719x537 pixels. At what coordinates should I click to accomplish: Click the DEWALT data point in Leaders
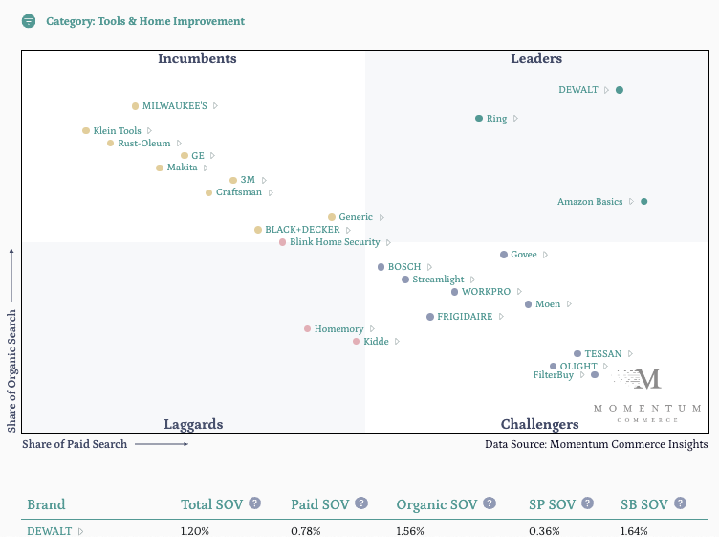tap(620, 90)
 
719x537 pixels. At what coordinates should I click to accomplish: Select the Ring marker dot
tap(479, 119)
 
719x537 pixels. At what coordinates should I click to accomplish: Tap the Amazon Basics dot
tap(644, 202)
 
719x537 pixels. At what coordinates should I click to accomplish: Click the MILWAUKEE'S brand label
tap(174, 106)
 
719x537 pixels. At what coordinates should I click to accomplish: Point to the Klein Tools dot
tap(86, 131)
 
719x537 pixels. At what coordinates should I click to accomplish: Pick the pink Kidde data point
tap(357, 342)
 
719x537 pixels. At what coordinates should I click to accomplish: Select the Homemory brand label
tap(338, 329)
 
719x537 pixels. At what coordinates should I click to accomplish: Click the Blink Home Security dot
tap(283, 242)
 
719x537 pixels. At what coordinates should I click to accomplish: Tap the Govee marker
tap(504, 255)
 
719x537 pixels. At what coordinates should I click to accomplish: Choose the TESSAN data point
tap(577, 354)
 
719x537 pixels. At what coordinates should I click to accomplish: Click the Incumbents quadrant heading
tap(197, 59)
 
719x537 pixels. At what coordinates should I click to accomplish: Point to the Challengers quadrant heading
tap(539, 424)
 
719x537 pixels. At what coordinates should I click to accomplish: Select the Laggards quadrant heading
tap(193, 424)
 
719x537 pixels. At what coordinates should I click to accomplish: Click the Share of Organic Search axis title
tap(12, 369)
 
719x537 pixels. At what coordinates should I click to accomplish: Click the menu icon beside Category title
tap(29, 21)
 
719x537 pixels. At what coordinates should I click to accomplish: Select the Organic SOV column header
tap(436, 504)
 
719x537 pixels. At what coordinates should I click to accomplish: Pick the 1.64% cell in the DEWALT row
tap(635, 531)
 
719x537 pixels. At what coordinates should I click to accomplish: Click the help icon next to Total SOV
tap(255, 503)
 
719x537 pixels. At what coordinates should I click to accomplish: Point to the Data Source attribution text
tap(596, 444)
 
